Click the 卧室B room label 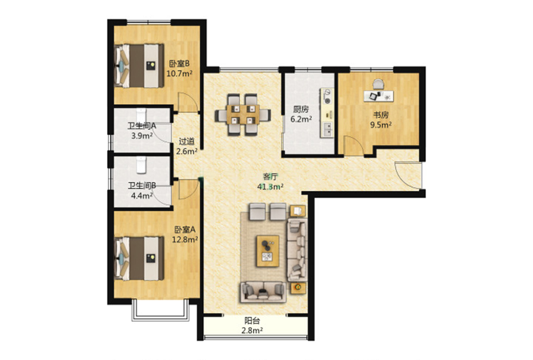click(x=179, y=63)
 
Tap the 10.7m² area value click(x=179, y=73)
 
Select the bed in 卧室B click(x=139, y=66)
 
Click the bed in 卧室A click(x=139, y=259)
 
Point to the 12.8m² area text click(x=185, y=240)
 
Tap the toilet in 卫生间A click(x=141, y=116)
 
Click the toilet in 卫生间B click(x=141, y=165)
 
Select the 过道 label click(x=186, y=141)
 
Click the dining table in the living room click(x=243, y=114)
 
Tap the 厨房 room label click(x=301, y=109)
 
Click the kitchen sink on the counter click(x=328, y=129)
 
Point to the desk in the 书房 click(x=379, y=95)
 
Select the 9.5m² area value click(x=381, y=125)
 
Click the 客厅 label click(x=271, y=176)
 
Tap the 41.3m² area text click(x=270, y=187)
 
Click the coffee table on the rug click(x=267, y=251)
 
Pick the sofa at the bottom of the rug click(x=263, y=292)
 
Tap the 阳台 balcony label click(x=253, y=321)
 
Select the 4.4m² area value click(x=142, y=195)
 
